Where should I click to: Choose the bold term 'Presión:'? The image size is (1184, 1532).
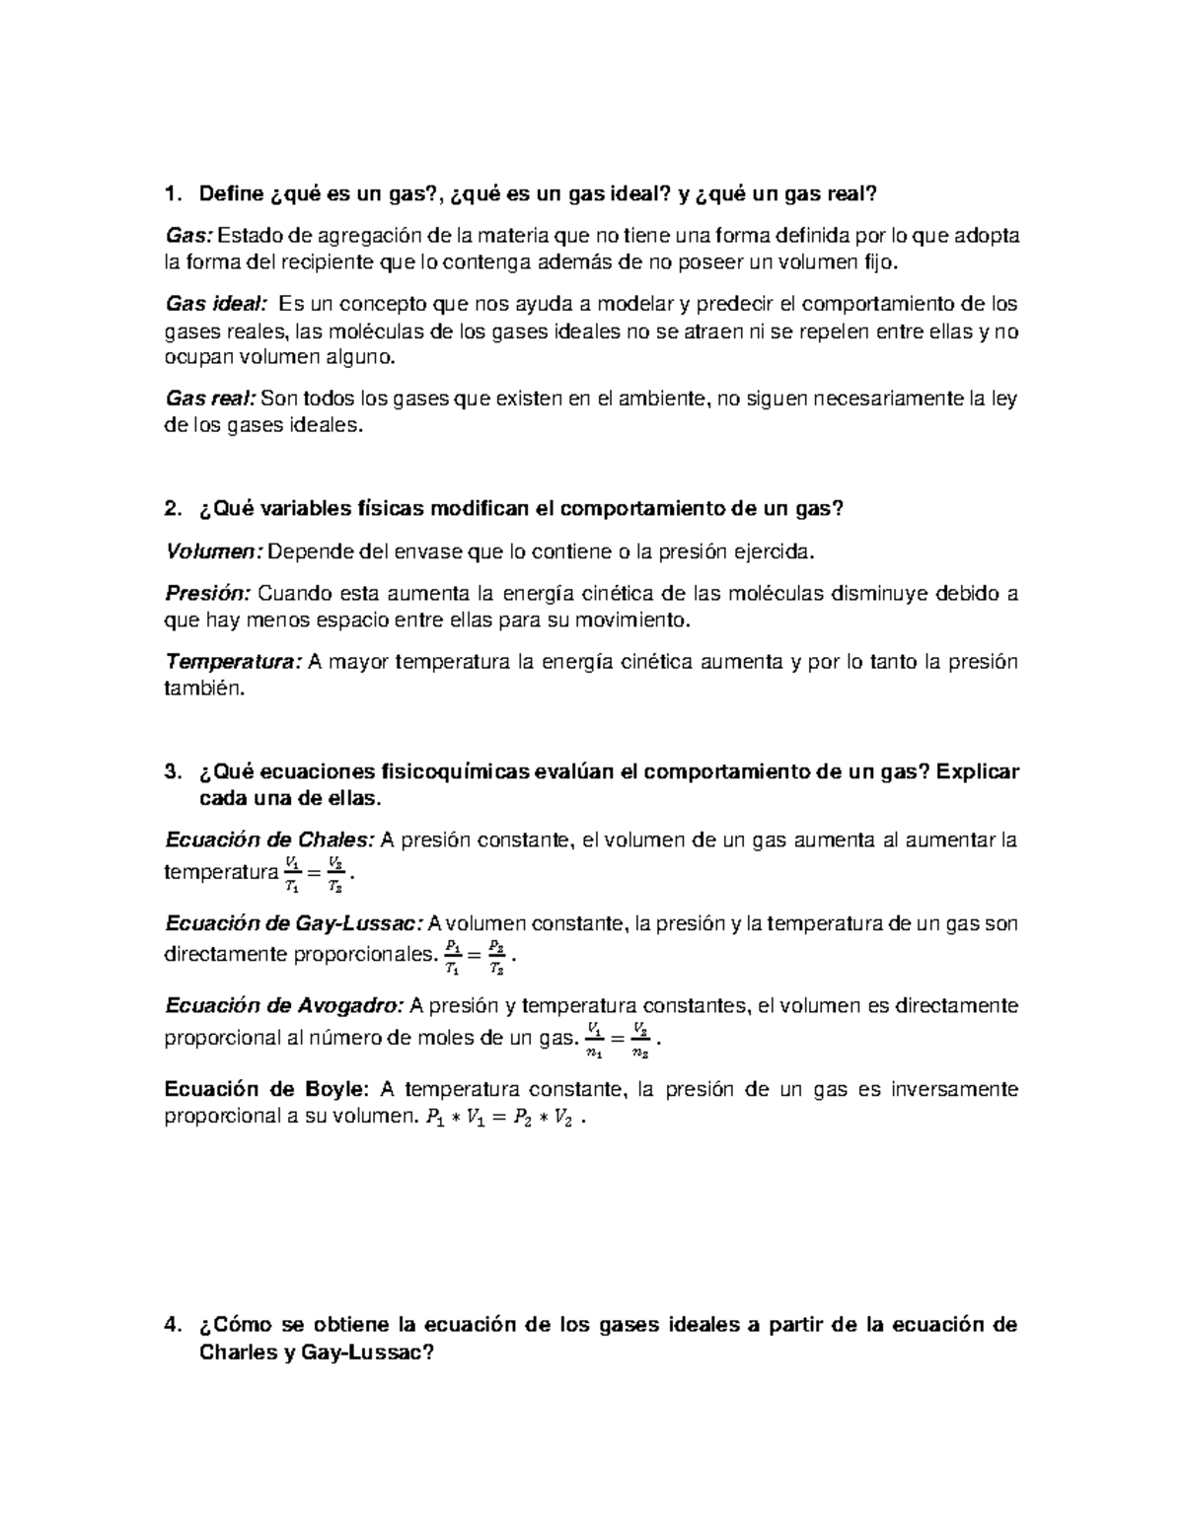(x=208, y=593)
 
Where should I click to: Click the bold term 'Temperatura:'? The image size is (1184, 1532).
(x=232, y=661)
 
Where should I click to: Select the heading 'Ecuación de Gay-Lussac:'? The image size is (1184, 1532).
(x=294, y=923)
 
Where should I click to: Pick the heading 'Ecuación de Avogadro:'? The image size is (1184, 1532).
(x=284, y=1006)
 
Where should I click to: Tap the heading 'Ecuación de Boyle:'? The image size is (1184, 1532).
(x=266, y=1090)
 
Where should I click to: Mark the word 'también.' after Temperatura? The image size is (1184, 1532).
(x=201, y=690)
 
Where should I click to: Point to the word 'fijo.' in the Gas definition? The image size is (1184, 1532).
(x=881, y=263)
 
